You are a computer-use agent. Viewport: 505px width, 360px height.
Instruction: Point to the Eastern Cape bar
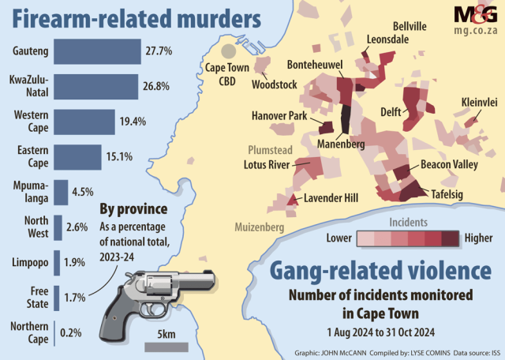tap(77, 156)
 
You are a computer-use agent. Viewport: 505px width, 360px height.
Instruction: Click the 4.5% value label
tap(83, 191)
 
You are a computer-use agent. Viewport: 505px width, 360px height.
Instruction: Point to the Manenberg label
tap(341, 144)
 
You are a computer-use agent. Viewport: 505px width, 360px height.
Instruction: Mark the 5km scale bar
tap(166, 346)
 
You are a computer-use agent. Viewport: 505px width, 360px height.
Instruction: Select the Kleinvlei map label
tap(480, 103)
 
